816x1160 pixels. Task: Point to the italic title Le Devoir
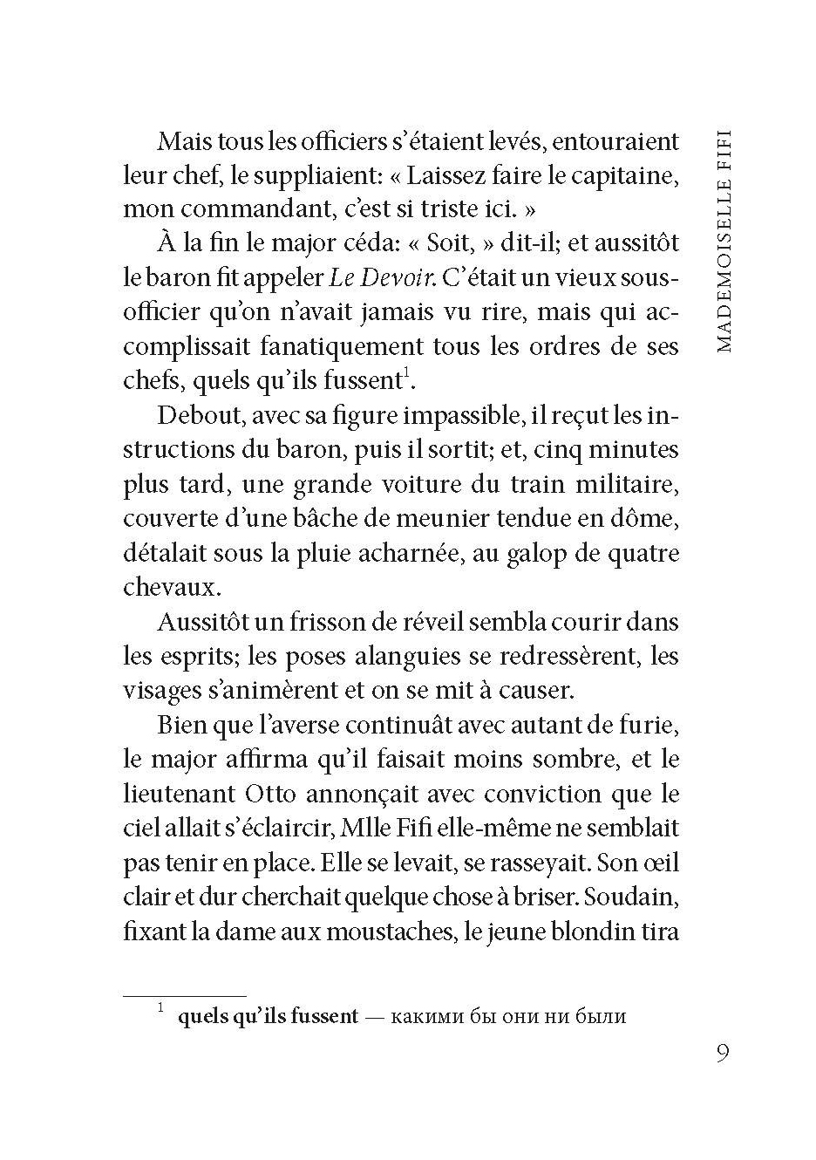coord(382,278)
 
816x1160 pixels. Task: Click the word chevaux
coord(169,588)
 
